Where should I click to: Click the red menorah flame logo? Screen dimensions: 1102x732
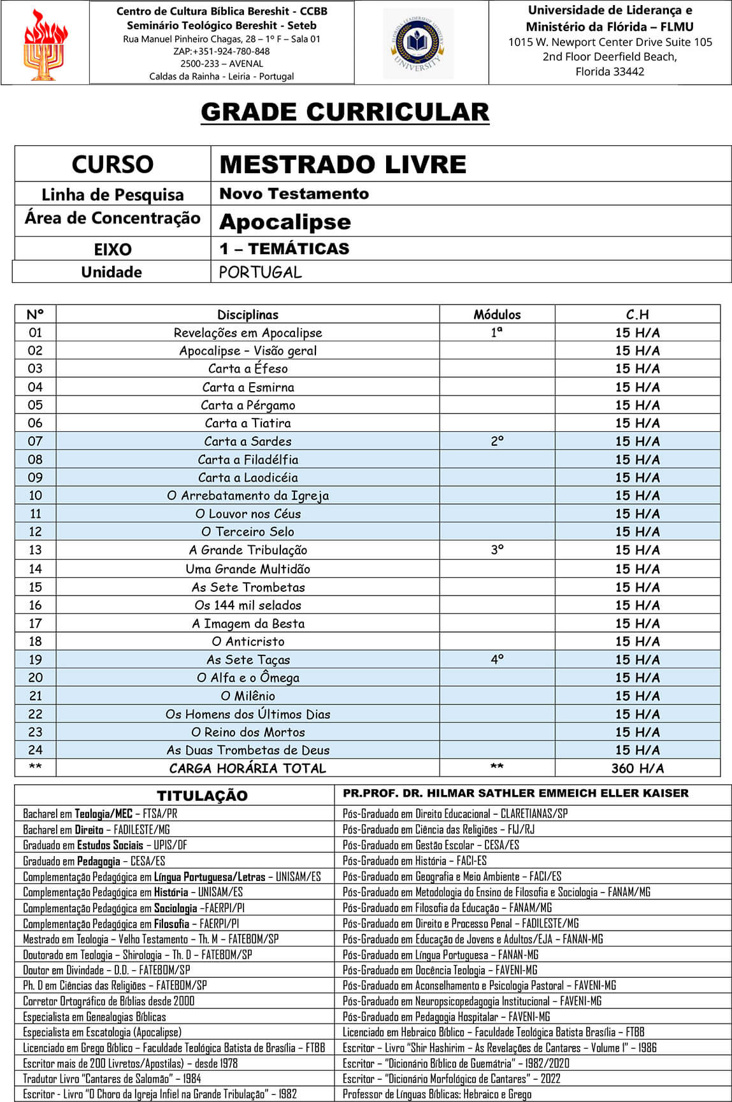(45, 45)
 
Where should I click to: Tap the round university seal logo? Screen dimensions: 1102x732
(418, 43)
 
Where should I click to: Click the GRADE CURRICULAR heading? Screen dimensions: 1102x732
(345, 112)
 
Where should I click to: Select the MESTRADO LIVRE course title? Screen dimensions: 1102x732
(343, 164)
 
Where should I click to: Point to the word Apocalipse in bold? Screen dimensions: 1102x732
(285, 222)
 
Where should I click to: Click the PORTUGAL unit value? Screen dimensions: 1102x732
(260, 272)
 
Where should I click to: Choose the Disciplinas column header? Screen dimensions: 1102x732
(248, 315)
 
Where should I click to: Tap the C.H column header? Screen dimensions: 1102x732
(637, 315)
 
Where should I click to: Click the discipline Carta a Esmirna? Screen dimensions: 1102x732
(248, 387)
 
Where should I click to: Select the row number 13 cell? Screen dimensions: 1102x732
(35, 550)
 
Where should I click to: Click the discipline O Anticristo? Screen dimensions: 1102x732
(248, 641)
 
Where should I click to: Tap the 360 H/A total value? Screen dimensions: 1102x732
(637, 768)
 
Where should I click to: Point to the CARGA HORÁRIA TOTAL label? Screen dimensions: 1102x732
(248, 768)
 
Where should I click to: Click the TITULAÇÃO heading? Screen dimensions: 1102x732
(202, 796)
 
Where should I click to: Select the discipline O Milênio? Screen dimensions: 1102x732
(248, 696)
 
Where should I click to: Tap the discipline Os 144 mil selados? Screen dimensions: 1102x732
(248, 605)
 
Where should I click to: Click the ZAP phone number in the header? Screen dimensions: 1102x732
(221, 52)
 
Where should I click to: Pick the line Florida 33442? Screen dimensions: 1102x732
(610, 71)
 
